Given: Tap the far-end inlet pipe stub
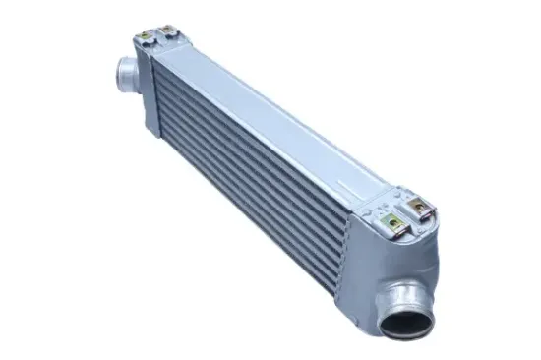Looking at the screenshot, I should [x=125, y=74].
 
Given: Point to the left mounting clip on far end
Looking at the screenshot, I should [x=147, y=36].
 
